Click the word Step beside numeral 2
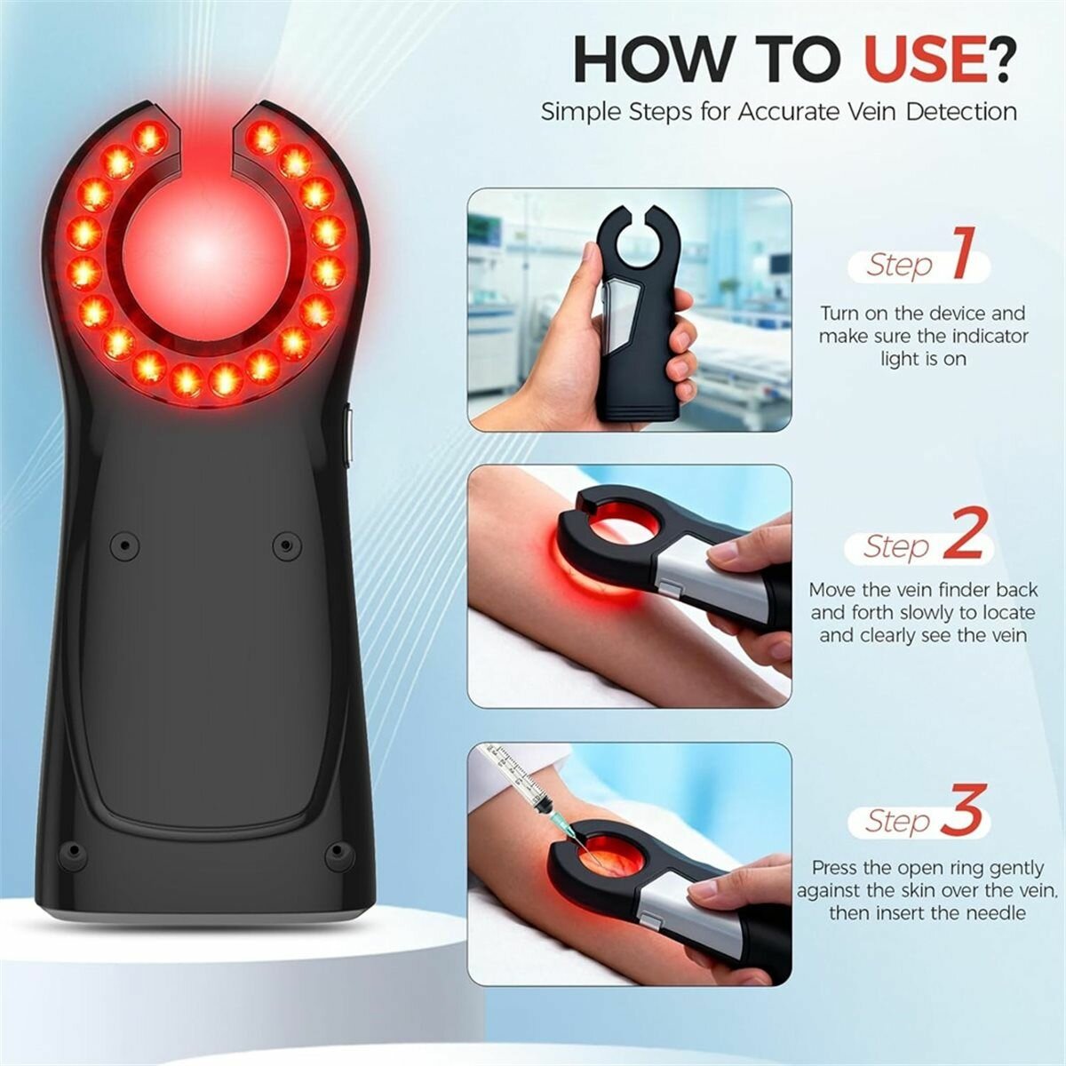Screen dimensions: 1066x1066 click(x=896, y=547)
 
